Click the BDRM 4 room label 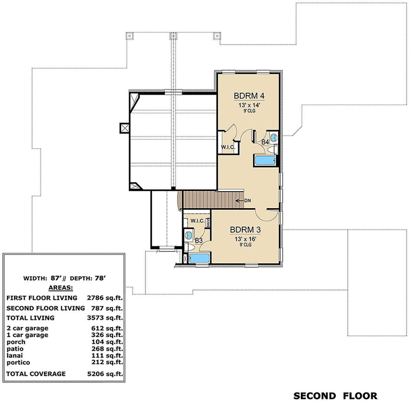tap(249, 96)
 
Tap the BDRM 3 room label tap(245, 230)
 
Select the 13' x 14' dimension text tap(249, 105)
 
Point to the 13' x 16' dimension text tap(245, 239)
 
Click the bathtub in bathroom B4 tap(265, 160)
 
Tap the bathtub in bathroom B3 tap(199, 258)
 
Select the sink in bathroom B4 tap(273, 138)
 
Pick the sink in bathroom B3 tap(189, 235)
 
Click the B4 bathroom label tap(265, 142)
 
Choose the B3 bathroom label tap(199, 240)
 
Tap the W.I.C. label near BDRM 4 tap(228, 147)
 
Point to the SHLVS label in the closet tap(208, 223)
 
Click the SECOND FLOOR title tap(335, 396)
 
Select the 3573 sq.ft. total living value tap(105, 318)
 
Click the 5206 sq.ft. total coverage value tap(105, 374)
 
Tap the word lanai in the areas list tap(14, 355)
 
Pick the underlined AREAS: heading tap(61, 288)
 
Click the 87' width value tap(56, 278)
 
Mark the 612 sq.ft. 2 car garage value tap(107, 328)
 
